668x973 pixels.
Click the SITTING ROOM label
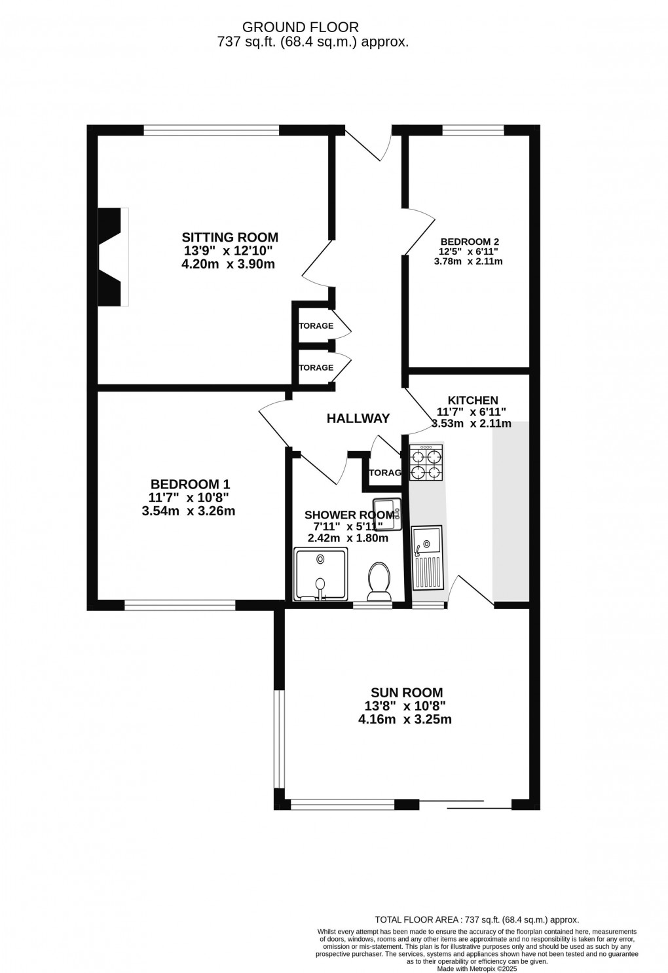click(230, 237)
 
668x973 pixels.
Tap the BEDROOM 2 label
click(470, 240)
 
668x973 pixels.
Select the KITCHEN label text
click(472, 400)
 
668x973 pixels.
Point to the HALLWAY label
click(358, 418)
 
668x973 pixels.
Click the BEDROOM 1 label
click(190, 484)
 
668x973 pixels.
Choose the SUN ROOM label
click(406, 692)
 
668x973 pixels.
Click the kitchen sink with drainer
click(428, 556)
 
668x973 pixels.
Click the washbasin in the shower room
click(386, 513)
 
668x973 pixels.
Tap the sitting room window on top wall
click(211, 130)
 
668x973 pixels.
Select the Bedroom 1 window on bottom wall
click(179, 606)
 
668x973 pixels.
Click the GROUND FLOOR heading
click(301, 27)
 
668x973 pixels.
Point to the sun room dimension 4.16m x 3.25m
click(405, 720)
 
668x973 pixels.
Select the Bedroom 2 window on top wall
click(473, 130)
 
